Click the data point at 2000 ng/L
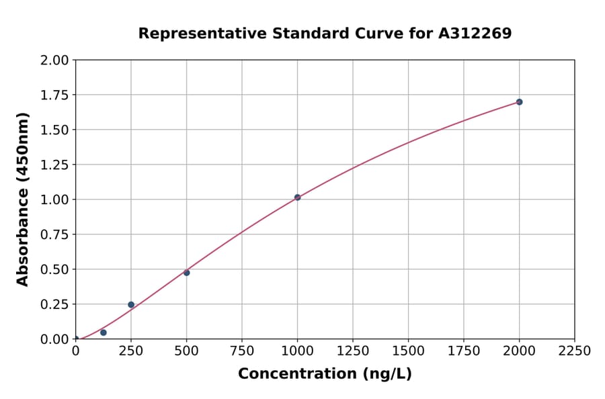point(519,102)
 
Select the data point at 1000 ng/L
point(297,197)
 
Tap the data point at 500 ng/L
point(186,273)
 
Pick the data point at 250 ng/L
point(131,304)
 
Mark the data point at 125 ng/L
point(104,332)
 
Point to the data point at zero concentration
point(76,339)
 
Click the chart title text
point(325,34)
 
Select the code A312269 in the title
point(475,34)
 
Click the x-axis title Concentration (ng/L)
point(325,374)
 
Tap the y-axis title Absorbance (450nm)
point(23,199)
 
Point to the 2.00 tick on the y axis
point(55,60)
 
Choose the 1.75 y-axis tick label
point(55,95)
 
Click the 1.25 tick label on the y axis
point(55,165)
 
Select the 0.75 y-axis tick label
point(55,234)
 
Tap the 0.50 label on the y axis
point(55,269)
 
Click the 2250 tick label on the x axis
point(575,351)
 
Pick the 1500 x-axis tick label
point(408,351)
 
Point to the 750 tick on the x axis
point(242,351)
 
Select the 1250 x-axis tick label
point(353,351)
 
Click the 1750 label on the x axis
point(464,351)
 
